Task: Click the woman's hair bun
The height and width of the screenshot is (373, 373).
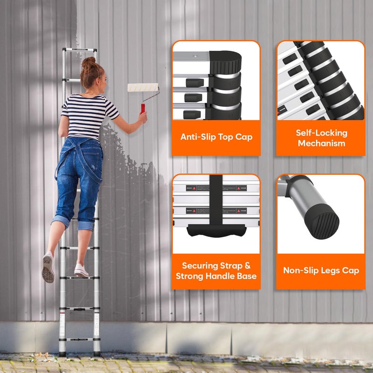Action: click(89, 62)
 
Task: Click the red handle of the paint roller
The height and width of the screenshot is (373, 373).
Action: click(143, 108)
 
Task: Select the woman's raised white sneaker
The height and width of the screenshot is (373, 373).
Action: click(48, 268)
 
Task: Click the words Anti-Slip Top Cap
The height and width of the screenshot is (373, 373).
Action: click(216, 137)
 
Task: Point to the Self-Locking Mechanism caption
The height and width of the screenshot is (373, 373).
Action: click(321, 138)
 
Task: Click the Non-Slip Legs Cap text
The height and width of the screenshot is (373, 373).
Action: click(321, 270)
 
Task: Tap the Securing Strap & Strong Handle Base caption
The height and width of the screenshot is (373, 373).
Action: click(216, 270)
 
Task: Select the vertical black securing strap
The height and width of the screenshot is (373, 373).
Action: click(216, 200)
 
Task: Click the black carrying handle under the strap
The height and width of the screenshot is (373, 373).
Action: click(216, 230)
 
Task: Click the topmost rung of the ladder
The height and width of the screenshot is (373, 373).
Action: click(80, 50)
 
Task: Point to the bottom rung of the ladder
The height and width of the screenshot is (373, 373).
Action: click(79, 339)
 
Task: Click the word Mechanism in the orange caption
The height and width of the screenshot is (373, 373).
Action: click(321, 144)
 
